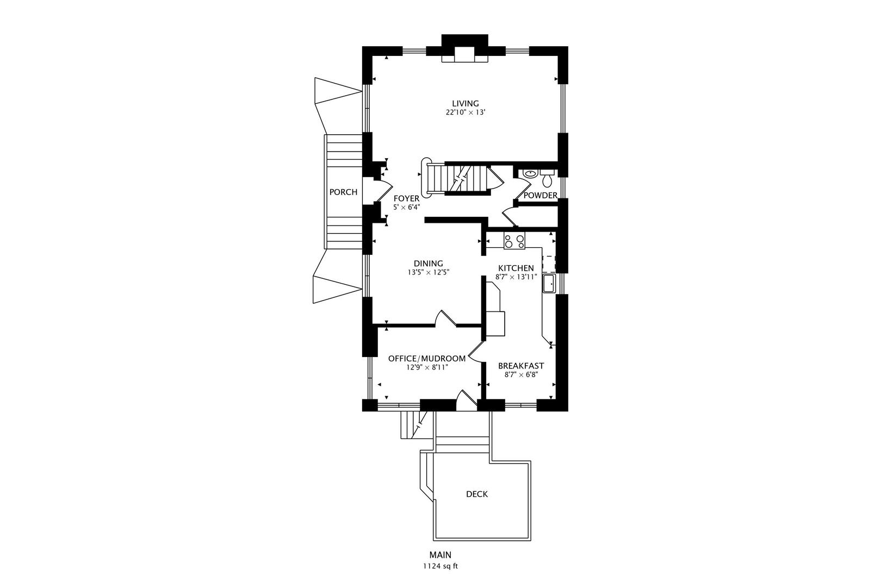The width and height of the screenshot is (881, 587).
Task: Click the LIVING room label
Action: click(465, 103)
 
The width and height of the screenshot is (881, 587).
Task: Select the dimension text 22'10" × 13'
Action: click(465, 113)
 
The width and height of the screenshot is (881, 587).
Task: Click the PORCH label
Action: click(344, 192)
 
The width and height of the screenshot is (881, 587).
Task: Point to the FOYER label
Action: click(406, 198)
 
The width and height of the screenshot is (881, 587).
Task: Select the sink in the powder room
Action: click(530, 174)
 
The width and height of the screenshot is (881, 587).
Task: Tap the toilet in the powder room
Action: click(547, 177)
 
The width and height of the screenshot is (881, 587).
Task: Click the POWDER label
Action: click(540, 195)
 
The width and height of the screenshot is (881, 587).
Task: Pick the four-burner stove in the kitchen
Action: click(514, 241)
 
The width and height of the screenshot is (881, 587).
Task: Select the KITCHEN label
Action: click(516, 268)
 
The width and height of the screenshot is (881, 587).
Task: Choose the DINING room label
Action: click(429, 264)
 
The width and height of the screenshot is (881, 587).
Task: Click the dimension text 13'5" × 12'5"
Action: click(429, 272)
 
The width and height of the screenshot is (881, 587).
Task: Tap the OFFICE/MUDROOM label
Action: click(427, 358)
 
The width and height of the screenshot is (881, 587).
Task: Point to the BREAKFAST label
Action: click(521, 366)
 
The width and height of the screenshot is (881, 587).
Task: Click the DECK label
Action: click(477, 494)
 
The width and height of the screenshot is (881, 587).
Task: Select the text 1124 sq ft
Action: click(440, 566)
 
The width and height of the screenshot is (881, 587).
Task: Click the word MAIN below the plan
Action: click(440, 555)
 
